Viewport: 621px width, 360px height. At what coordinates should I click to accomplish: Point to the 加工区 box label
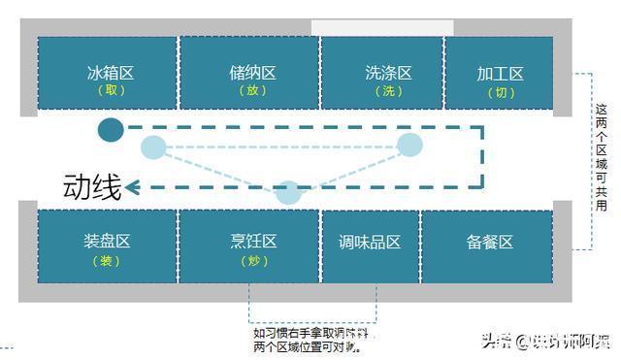pyautogui.click(x=500, y=74)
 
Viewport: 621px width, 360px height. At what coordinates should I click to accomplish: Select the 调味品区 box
pyautogui.click(x=370, y=243)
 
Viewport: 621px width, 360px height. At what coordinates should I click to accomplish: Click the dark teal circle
pyautogui.click(x=111, y=129)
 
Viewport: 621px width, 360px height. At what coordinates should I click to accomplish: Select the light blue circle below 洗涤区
pyautogui.click(x=410, y=146)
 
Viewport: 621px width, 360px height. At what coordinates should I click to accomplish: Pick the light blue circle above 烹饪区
pyautogui.click(x=288, y=192)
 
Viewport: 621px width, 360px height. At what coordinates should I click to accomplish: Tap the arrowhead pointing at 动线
pyautogui.click(x=133, y=187)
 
